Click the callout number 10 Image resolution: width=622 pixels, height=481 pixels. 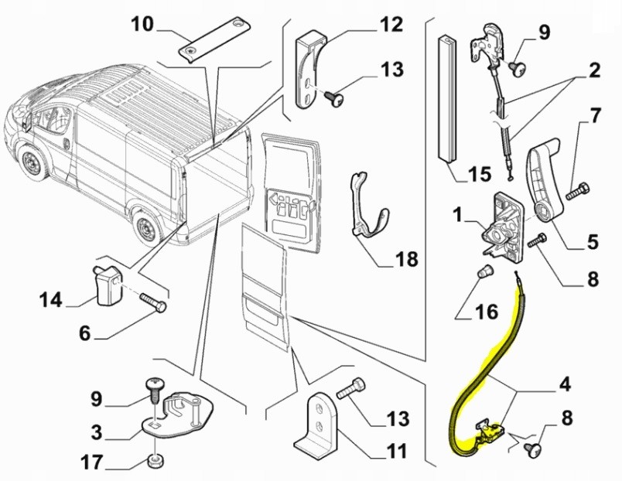143,23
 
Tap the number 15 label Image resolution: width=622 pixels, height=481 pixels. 479,173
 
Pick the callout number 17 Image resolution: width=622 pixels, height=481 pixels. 94,464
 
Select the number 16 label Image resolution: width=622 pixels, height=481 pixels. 487,312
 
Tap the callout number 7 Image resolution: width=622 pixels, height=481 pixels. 594,118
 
